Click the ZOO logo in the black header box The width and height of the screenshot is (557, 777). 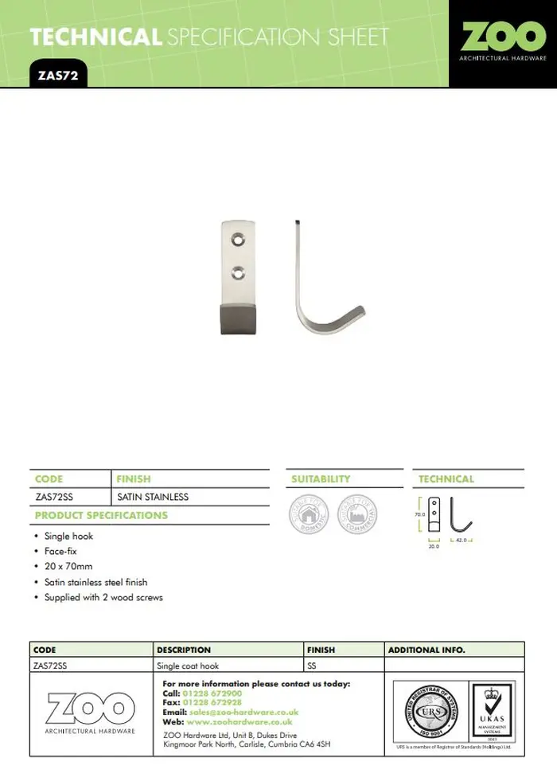tap(503, 41)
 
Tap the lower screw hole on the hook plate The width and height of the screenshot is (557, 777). tap(236, 273)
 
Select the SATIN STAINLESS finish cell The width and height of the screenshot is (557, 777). tap(153, 497)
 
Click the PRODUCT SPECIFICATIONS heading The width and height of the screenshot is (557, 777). tap(101, 515)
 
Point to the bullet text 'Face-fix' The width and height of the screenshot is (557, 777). tap(60, 551)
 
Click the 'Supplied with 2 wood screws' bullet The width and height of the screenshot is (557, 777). tap(103, 597)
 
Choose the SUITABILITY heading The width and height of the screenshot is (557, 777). tap(321, 479)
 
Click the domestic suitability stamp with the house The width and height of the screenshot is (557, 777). tap(309, 514)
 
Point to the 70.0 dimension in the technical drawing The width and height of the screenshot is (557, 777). tap(419, 515)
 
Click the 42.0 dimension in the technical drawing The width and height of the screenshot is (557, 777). tap(462, 540)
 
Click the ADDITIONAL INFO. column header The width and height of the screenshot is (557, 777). tap(427, 650)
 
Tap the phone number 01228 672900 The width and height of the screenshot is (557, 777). tap(212, 693)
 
